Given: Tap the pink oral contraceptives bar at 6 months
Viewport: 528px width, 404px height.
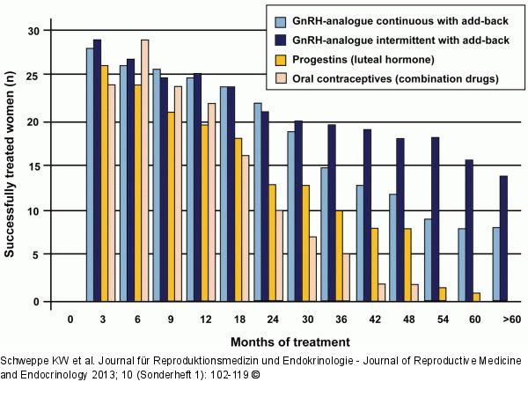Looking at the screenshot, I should click(x=144, y=170).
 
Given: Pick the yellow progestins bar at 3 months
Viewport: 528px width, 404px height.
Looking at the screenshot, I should click(x=106, y=183).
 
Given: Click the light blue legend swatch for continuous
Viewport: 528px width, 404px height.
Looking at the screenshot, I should click(x=279, y=20).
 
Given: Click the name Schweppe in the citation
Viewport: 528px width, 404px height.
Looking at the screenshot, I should click(x=27, y=361).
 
